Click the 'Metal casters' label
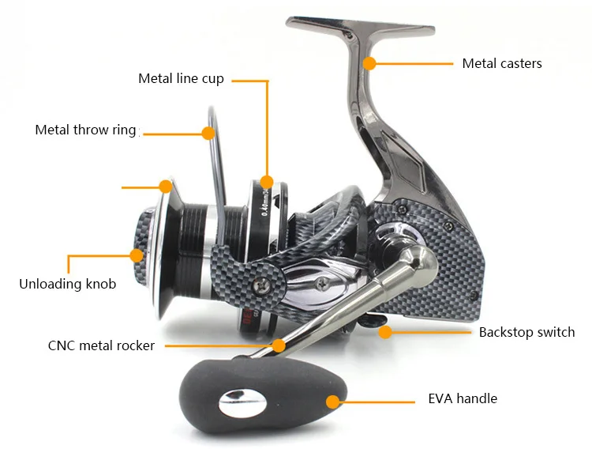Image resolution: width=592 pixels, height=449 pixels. (502, 63)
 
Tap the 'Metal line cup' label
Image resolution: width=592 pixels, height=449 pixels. (181, 78)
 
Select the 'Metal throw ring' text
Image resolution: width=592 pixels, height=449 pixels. (85, 130)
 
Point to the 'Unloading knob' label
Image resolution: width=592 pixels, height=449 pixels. (67, 284)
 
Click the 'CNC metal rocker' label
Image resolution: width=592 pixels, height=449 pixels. (101, 345)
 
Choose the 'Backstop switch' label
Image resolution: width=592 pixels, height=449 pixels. (526, 332)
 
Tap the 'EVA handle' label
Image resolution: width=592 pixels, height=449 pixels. (463, 398)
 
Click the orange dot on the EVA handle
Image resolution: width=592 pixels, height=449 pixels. (332, 402)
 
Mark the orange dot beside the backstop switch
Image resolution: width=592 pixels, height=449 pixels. (385, 332)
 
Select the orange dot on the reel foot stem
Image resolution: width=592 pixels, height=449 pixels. (369, 62)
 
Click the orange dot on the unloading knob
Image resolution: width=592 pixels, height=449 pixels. (137, 255)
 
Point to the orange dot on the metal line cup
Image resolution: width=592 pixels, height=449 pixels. (267, 182)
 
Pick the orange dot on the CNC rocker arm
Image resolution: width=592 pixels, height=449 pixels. (278, 345)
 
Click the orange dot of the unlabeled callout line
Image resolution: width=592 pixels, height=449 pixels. (165, 187)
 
